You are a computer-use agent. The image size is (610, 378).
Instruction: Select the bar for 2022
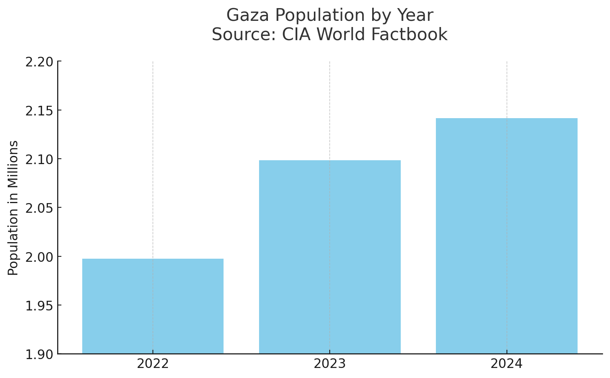pyautogui.click(x=153, y=306)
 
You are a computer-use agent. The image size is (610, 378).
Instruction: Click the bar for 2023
pyautogui.click(x=330, y=257)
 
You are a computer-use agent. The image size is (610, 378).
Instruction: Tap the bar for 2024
pyautogui.click(x=507, y=236)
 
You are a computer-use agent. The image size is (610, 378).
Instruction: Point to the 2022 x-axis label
pyautogui.click(x=153, y=364)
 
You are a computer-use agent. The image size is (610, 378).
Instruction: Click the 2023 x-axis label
pyautogui.click(x=330, y=364)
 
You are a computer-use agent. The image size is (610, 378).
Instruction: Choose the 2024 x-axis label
pyautogui.click(x=507, y=364)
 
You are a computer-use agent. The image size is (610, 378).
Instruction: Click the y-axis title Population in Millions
pyautogui.click(x=13, y=208)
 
